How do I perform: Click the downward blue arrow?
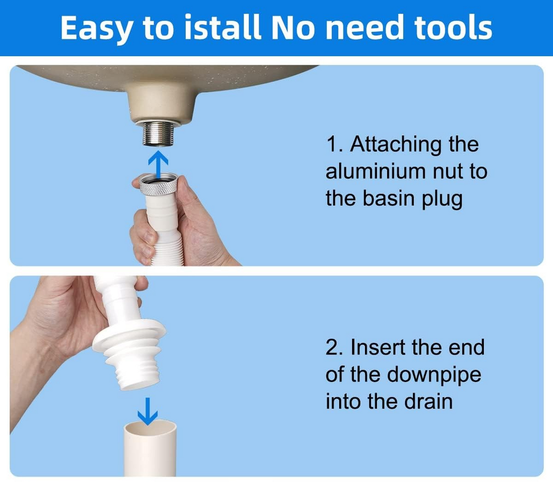[147, 411]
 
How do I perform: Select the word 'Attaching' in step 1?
[395, 145]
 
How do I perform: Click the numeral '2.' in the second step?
[335, 348]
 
